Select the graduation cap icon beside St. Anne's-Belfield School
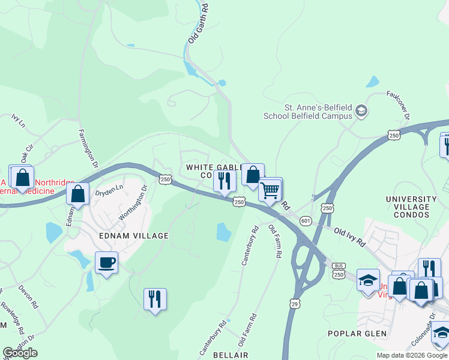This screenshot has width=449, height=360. click(361, 110)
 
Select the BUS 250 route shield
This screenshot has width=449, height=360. click(339, 269)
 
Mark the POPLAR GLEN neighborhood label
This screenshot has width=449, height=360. click(355, 334)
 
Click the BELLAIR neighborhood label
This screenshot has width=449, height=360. click(230, 355)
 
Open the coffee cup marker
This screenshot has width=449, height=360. click(106, 263)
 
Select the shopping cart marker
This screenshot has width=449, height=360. click(270, 190)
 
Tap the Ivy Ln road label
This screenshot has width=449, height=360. click(18, 121)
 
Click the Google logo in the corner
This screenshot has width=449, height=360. click(20, 353)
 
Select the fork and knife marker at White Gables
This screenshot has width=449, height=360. click(224, 181)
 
